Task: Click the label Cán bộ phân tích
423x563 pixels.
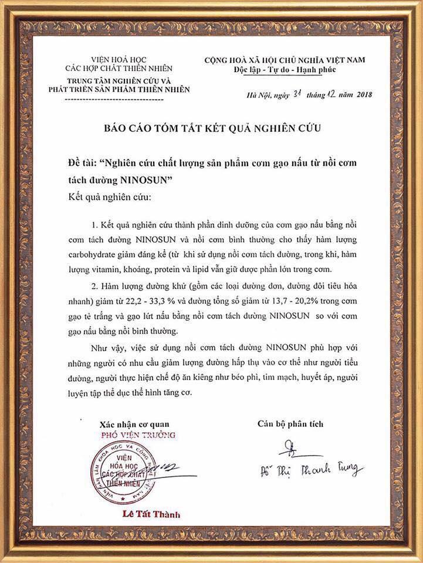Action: pos(290,423)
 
